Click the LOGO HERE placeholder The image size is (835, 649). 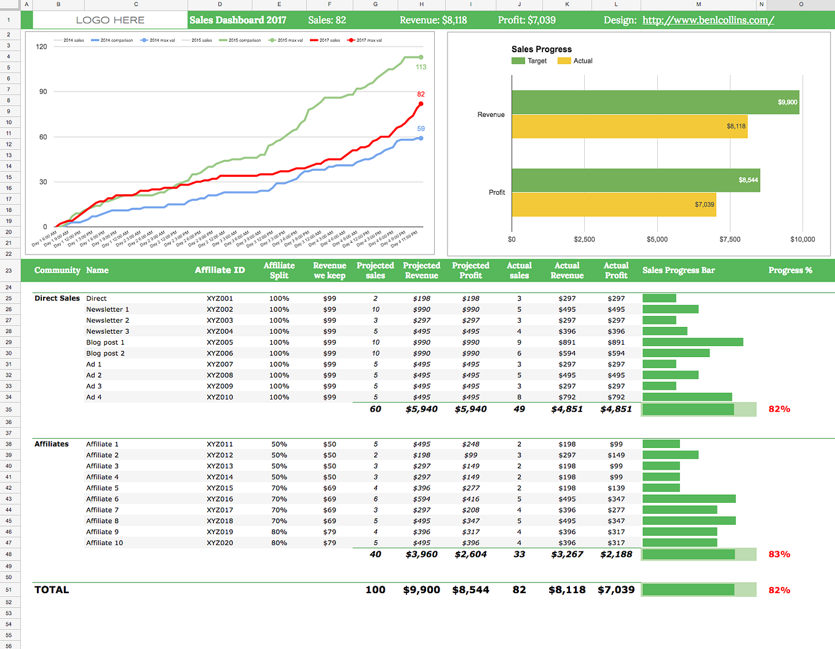(x=110, y=20)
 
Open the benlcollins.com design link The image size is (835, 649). (x=708, y=20)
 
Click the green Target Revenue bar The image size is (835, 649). (x=655, y=102)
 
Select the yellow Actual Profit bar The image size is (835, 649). (x=613, y=205)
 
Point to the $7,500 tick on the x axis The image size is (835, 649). (x=730, y=239)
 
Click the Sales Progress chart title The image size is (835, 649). (x=541, y=49)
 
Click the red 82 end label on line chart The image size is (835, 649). (x=421, y=94)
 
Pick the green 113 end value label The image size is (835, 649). (x=421, y=67)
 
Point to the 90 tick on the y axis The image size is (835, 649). (x=43, y=92)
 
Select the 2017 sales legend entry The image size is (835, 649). (x=325, y=41)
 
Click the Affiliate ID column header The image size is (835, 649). (x=220, y=270)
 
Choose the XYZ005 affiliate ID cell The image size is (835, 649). (x=220, y=342)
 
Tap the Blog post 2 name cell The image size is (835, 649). (x=105, y=353)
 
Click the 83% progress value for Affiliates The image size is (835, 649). (x=779, y=554)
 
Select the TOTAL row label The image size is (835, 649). (x=52, y=590)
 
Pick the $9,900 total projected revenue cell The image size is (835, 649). (x=421, y=590)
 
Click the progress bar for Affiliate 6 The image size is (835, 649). (x=689, y=499)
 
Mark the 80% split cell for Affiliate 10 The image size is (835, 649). (x=279, y=543)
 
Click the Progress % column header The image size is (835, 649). (x=790, y=270)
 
